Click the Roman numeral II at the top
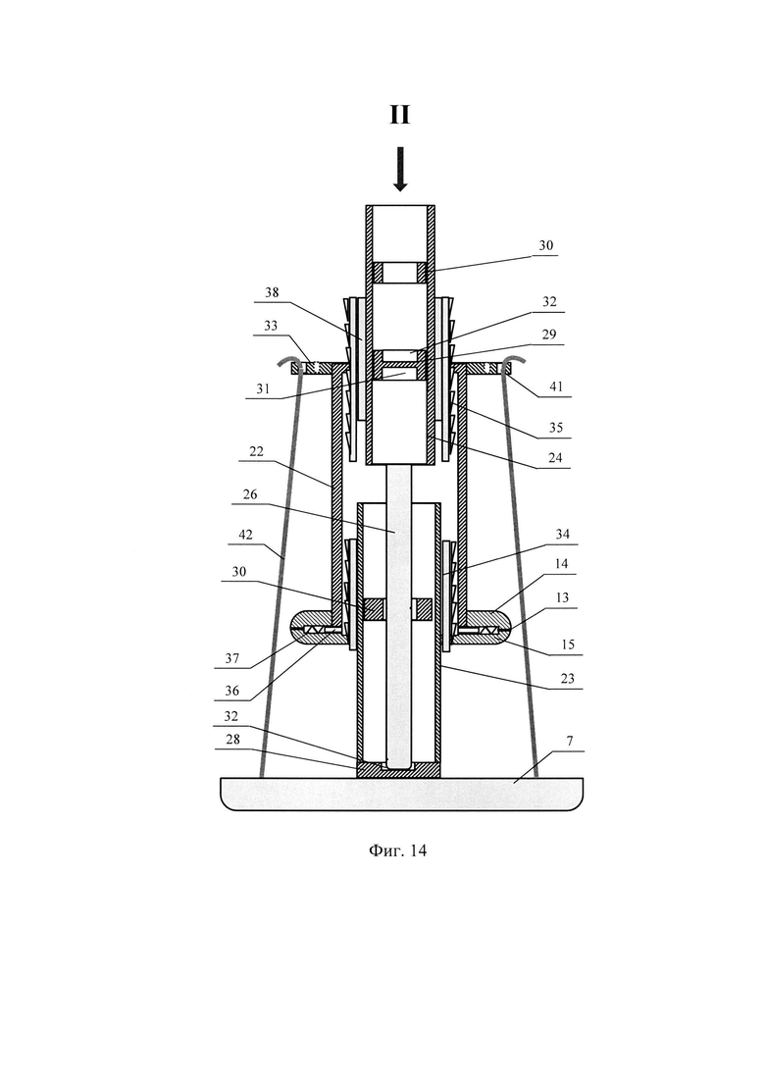[x=400, y=115]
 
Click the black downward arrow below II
[x=400, y=169]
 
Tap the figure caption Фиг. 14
[x=398, y=850]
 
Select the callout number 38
[x=272, y=292]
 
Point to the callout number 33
[x=271, y=325]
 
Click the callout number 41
[x=556, y=386]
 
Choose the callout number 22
[x=256, y=451]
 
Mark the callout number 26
[x=250, y=494]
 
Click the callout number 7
[x=570, y=741]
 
